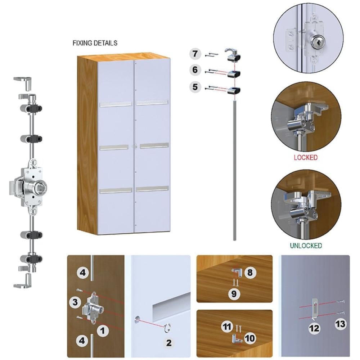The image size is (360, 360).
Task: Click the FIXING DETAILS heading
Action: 95,43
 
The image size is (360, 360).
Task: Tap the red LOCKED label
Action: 306,158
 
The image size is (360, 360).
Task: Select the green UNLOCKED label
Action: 306,246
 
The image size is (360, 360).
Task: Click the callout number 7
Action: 195,54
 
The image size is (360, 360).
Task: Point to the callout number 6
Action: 195,69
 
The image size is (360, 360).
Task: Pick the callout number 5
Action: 195,87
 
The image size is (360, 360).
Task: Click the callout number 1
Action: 103,331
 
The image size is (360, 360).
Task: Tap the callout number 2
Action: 169,343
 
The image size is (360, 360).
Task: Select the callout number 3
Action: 75,302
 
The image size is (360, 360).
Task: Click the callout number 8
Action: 250,273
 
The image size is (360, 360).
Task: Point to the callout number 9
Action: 234,294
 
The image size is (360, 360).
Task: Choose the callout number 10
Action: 250,338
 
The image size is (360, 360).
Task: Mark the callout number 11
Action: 227,326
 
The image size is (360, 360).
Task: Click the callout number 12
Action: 314,328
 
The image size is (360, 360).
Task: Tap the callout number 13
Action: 340,324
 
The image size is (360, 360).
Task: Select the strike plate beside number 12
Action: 315,309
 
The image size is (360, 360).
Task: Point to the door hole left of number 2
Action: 137,319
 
